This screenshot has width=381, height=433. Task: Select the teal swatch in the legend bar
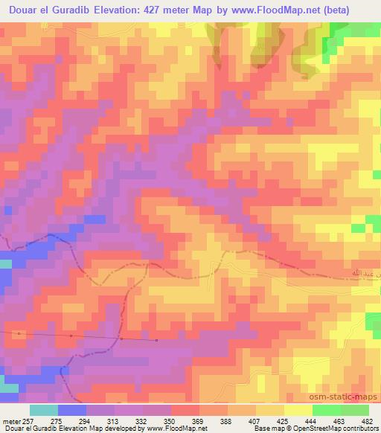pos(43,410)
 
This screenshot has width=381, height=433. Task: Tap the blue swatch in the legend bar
pos(71,410)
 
